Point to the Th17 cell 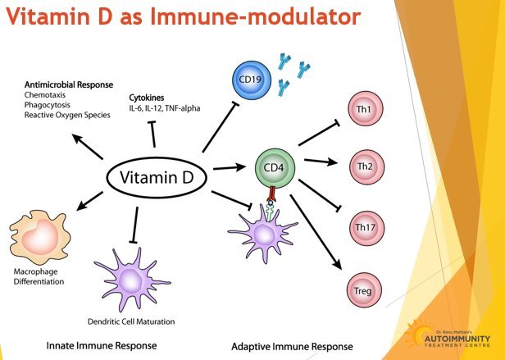tap(368, 226)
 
